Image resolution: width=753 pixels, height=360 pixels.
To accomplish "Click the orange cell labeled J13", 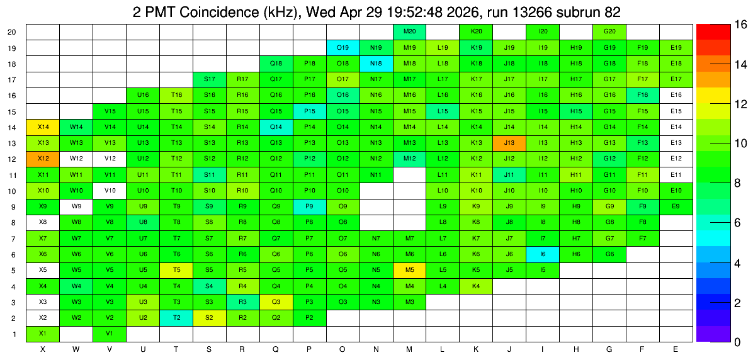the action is click(509, 143).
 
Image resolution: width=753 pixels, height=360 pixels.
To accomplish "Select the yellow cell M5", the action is click(409, 270).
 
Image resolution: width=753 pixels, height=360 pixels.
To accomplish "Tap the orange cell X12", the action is click(43, 159).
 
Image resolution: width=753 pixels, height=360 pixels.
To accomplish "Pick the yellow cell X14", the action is click(43, 127).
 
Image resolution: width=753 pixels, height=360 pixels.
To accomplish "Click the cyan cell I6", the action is click(543, 254).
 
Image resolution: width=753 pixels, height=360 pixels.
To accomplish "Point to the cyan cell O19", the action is click(343, 48).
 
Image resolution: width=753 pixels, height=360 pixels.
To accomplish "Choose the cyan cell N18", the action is click(376, 64).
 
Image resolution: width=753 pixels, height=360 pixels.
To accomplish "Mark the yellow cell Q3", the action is click(276, 302).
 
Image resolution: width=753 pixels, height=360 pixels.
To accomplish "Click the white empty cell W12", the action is click(76, 159).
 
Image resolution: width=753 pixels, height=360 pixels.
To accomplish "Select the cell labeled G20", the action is click(609, 32).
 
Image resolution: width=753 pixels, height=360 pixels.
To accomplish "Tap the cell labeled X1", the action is click(43, 334).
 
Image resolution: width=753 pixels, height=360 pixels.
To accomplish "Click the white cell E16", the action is click(676, 96).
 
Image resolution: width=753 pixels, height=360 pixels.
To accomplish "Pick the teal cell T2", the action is click(176, 318).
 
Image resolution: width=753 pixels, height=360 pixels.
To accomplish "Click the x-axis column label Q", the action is click(276, 350).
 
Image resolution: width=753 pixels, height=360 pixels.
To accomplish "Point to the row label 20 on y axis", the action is click(12, 32).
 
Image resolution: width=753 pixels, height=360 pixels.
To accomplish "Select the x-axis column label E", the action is click(676, 350).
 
